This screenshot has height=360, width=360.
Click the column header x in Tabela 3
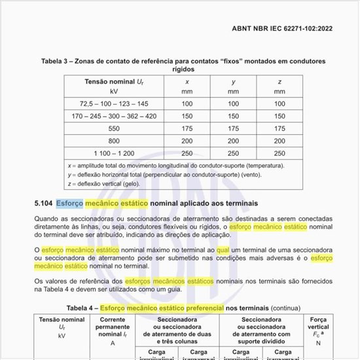click(188, 81)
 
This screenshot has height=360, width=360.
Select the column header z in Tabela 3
click(279, 81)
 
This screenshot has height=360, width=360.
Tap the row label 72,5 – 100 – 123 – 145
click(114, 103)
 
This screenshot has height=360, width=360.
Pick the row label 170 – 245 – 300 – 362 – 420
click(114, 116)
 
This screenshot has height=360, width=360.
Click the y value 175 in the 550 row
click(234, 128)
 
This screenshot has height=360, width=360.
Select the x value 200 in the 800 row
click(188, 141)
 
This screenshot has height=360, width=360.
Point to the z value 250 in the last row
click(279, 153)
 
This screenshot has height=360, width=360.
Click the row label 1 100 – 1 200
click(114, 153)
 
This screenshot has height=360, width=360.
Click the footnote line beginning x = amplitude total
click(176, 166)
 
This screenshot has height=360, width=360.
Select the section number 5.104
click(43, 204)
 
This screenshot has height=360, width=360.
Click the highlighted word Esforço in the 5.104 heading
click(69, 204)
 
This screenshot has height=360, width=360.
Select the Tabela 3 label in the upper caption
click(58, 62)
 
